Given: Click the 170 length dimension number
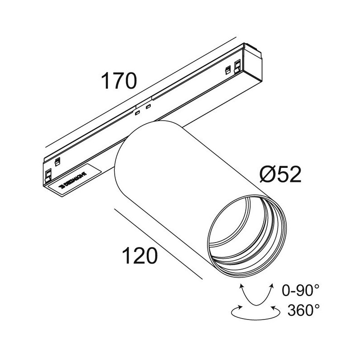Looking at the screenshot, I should point(118,81).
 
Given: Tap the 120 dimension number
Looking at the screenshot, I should point(140,256).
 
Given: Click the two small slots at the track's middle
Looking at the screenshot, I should point(142,110).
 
